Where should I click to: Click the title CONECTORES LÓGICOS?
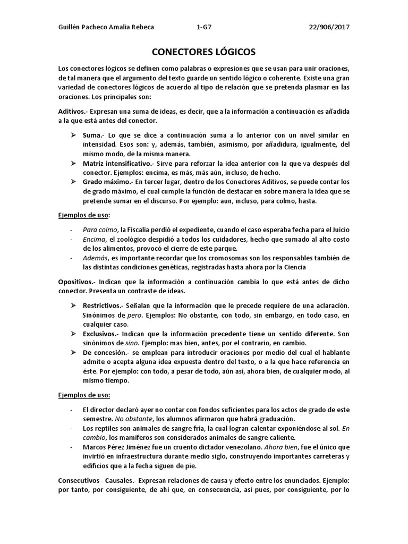pos(204,52)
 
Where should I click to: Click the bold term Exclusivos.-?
pos(100,334)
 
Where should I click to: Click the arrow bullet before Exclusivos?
pos(74,334)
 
